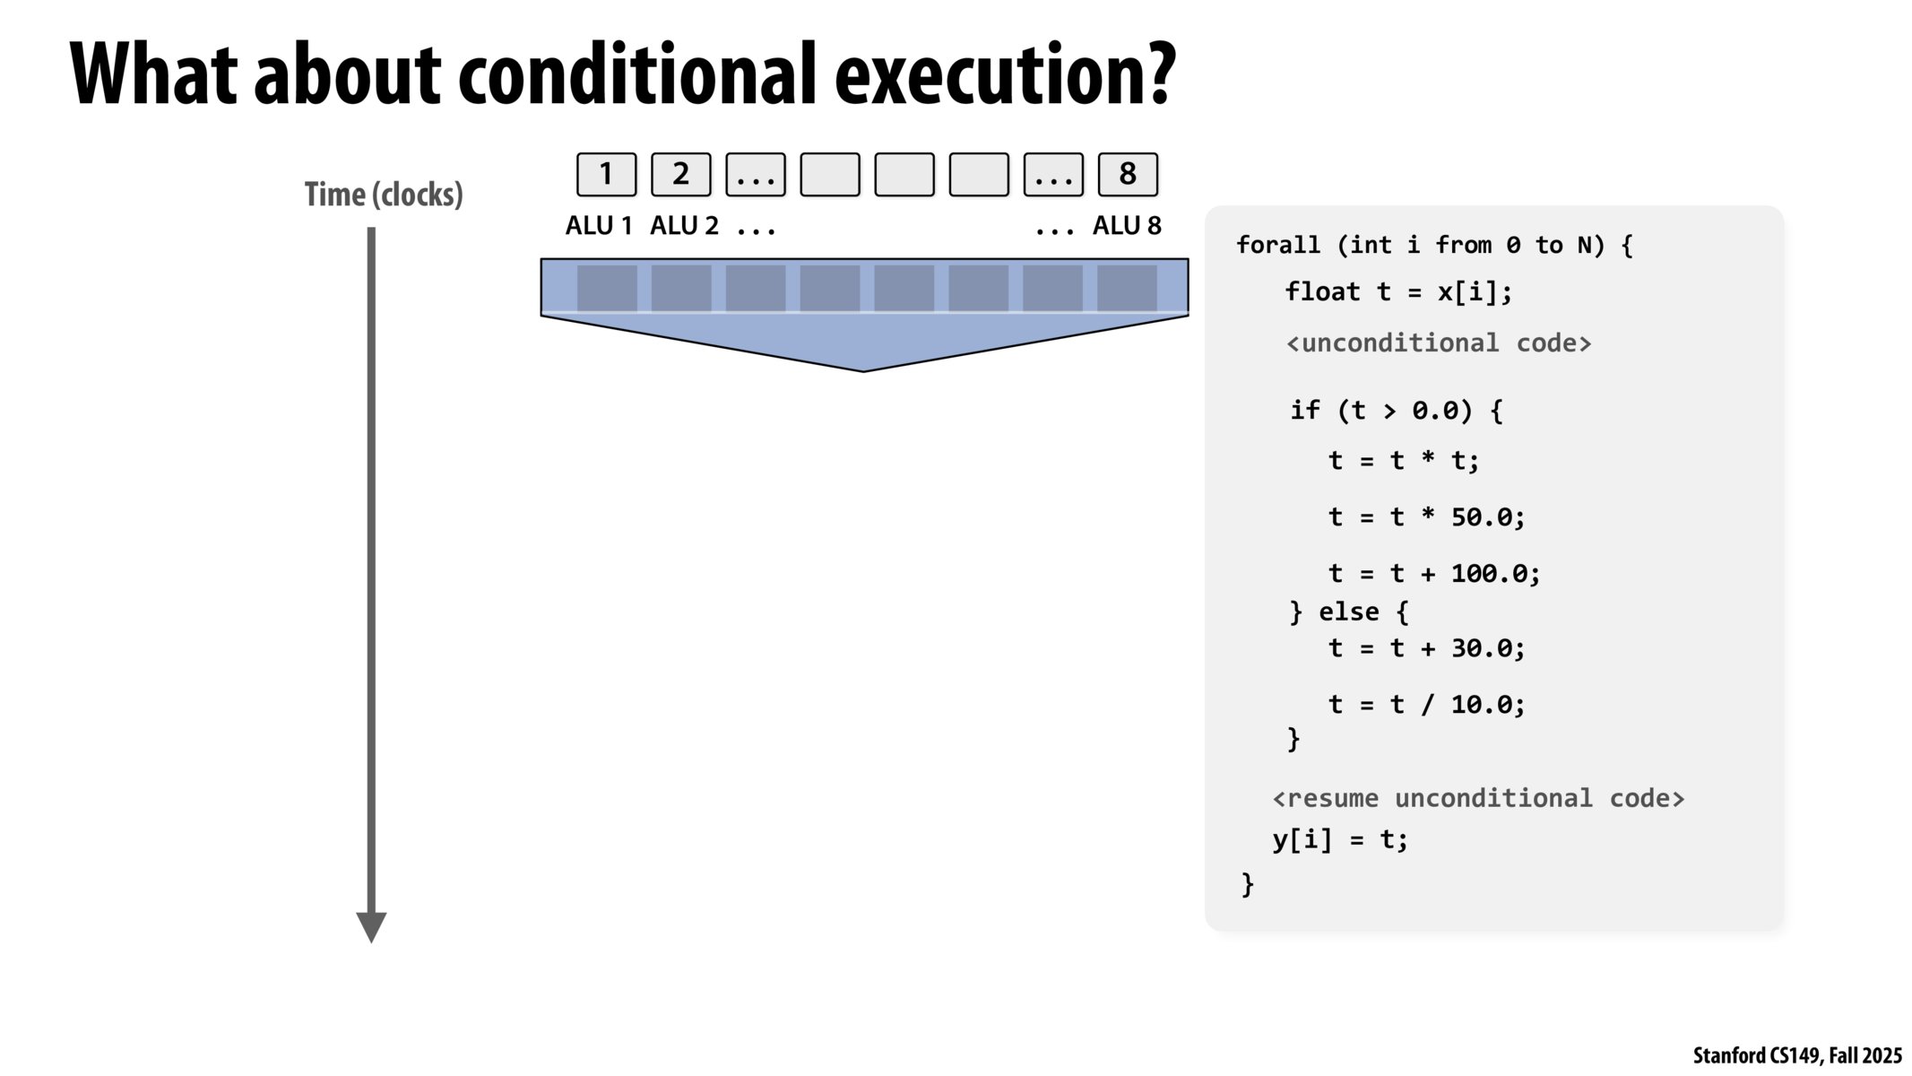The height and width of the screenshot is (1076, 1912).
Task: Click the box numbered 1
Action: click(606, 174)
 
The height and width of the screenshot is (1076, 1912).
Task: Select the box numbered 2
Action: click(680, 174)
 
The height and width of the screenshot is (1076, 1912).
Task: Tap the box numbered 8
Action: click(1128, 174)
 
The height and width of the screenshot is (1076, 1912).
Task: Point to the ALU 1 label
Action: click(599, 226)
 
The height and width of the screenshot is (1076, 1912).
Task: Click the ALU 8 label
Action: click(1127, 226)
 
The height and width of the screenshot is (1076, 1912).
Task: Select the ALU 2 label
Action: click(684, 226)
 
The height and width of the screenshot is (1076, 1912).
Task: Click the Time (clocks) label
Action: click(384, 195)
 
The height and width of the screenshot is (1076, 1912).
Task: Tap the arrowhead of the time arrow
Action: click(371, 927)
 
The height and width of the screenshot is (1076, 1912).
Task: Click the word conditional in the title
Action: click(637, 75)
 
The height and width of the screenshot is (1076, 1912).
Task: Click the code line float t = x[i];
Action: click(1398, 292)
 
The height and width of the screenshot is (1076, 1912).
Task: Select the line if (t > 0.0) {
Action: click(1397, 411)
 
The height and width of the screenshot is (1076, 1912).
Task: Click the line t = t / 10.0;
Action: click(1427, 705)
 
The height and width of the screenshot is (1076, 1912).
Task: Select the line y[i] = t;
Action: click(1340, 840)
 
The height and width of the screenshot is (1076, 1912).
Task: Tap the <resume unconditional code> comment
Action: click(1478, 798)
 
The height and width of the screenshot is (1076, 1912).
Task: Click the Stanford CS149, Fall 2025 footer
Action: click(1797, 1055)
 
